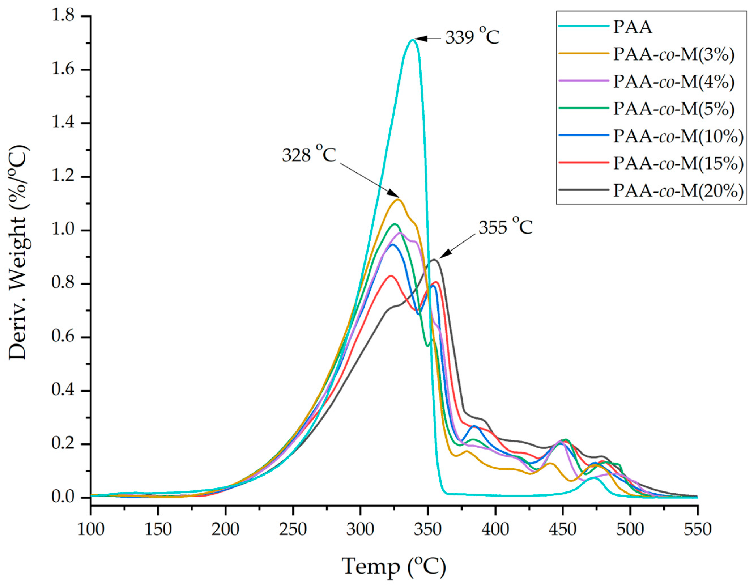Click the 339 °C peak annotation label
click(x=472, y=38)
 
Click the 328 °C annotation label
click(x=309, y=155)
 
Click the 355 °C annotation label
click(x=505, y=227)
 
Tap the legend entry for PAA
click(x=633, y=27)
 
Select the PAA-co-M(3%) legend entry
click(x=673, y=55)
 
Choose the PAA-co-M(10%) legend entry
click(x=678, y=136)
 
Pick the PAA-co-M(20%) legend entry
click(x=678, y=191)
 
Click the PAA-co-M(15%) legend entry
click(x=678, y=164)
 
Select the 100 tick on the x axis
click(x=91, y=529)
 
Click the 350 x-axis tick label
click(x=428, y=529)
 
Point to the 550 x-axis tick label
click(x=697, y=529)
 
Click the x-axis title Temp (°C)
click(x=394, y=566)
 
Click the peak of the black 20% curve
click(x=434, y=260)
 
